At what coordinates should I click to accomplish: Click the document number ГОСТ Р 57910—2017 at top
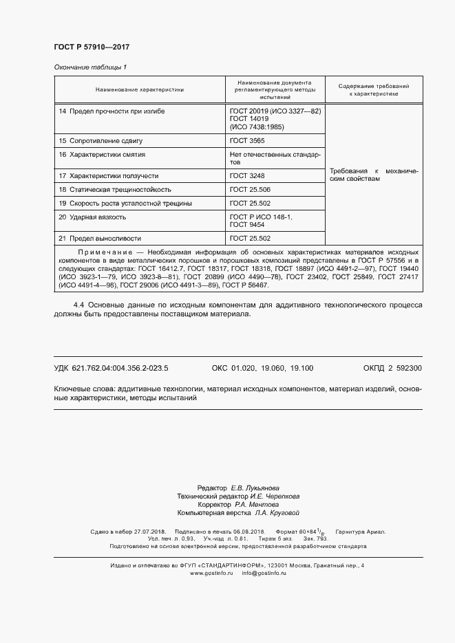click(x=92, y=47)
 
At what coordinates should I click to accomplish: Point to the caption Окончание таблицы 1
click(x=90, y=67)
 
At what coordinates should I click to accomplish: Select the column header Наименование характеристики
click(x=140, y=89)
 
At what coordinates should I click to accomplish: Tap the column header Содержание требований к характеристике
click(x=374, y=89)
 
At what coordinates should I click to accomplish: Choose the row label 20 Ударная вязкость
click(x=92, y=217)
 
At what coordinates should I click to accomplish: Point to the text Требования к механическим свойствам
click(x=374, y=174)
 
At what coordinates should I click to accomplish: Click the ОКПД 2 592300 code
click(x=392, y=368)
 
